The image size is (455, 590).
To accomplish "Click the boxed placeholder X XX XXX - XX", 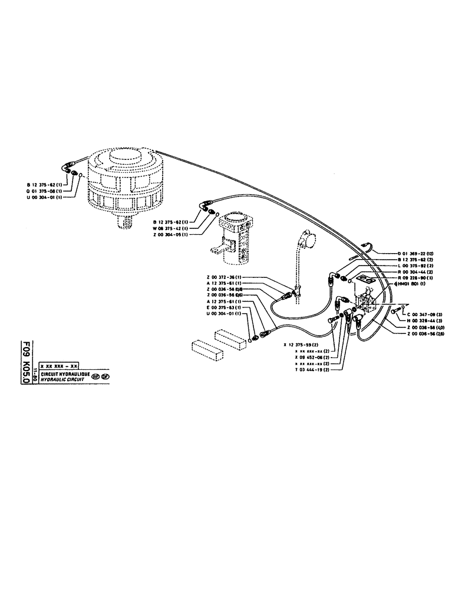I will coord(58,366).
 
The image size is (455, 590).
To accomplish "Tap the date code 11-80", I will coord(35,374).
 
